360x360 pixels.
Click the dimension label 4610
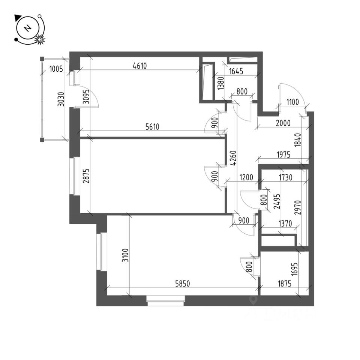139,66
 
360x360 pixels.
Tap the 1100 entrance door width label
292,101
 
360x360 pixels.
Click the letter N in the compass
27,28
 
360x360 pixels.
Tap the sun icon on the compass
40,39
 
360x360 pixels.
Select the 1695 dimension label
295,268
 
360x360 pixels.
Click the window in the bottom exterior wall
166,301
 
